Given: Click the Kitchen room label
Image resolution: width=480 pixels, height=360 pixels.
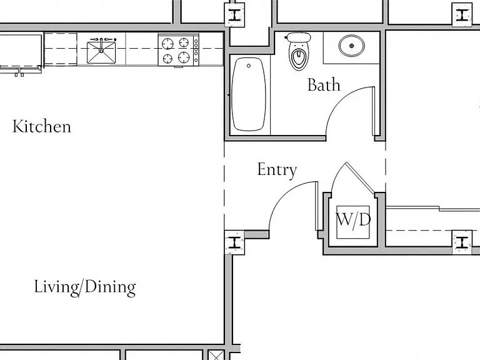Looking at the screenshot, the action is pos(42,126).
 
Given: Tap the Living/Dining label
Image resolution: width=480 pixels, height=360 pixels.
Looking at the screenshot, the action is pos(85,287).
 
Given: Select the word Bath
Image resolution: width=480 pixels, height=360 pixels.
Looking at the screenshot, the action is pos(324,85).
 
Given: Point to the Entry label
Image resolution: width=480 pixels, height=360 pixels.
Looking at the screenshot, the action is pos(277,170).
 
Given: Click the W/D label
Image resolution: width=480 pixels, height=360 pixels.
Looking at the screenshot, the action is pos(353,220).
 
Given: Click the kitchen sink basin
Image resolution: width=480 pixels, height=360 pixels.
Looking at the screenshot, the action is pos(101,52).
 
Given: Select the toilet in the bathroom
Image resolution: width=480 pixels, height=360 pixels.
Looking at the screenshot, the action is pos(299,51).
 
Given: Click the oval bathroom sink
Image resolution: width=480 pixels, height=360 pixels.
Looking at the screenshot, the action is pos(352,46).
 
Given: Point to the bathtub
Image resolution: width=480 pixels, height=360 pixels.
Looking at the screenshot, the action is pos(249,94).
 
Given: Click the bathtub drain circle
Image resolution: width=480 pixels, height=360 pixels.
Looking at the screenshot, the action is pos(249,66).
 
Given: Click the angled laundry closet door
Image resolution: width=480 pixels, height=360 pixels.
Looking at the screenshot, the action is pos(360,178).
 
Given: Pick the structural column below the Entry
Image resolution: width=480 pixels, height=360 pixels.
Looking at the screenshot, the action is pos(235,242).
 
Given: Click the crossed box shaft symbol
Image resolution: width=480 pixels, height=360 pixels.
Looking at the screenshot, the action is pos(216,355).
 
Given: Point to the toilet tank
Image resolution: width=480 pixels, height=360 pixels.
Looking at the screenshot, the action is pos(299,37).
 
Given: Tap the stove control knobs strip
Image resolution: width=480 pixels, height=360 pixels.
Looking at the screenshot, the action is pos(196,50).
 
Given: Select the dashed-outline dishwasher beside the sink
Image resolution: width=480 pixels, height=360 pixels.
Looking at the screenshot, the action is pos(61,49).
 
